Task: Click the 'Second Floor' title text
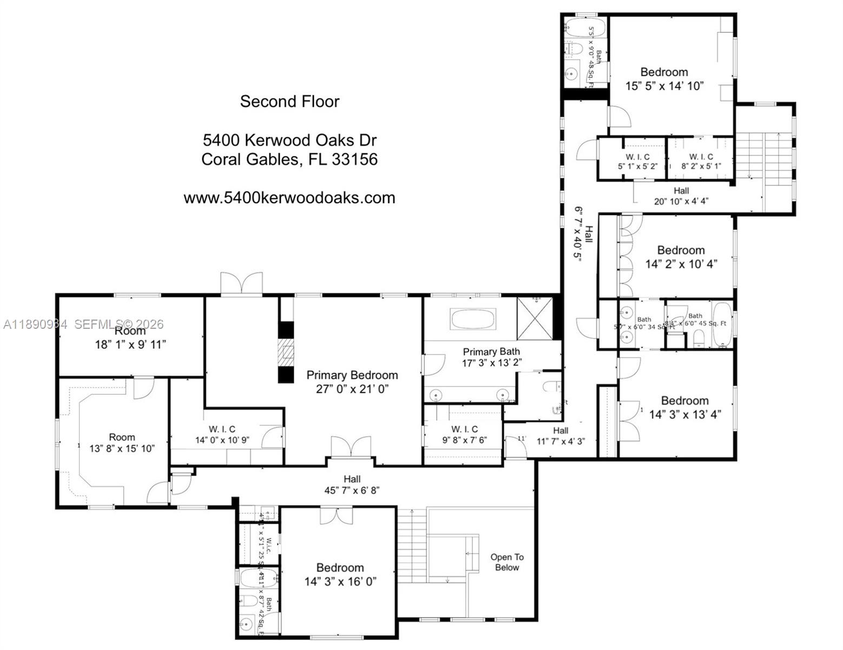289,101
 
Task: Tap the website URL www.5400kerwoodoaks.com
289,198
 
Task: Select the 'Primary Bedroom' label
352,375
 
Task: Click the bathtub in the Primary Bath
473,319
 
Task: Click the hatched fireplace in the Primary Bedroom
286,353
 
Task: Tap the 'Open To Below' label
507,562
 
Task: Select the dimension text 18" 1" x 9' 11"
130,344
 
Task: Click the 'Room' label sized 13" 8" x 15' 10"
122,437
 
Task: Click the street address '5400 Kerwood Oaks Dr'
289,140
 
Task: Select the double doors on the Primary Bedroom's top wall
241,284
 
